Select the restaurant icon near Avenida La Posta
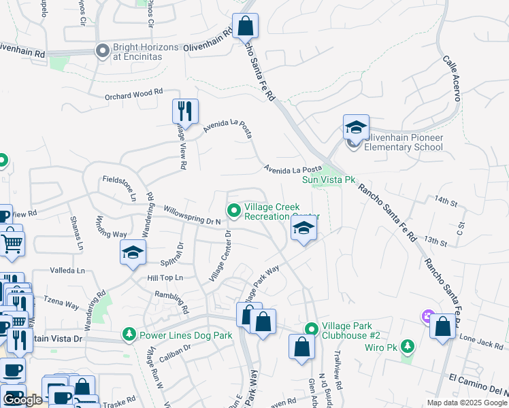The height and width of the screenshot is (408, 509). [x=185, y=111]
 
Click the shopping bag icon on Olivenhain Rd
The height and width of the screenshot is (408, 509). [x=245, y=27]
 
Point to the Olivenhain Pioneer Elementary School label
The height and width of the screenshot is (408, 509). [x=404, y=142]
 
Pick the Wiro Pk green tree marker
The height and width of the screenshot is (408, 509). [x=407, y=347]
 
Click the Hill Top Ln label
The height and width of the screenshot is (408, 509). [x=165, y=277]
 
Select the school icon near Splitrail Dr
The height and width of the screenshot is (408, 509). [x=133, y=254]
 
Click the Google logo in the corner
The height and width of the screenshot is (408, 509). [x=22, y=400]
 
